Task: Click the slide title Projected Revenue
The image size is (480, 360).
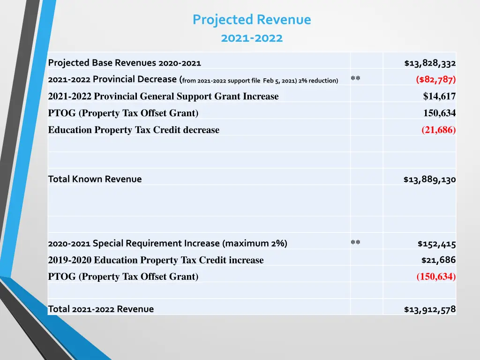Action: pyautogui.click(x=251, y=20)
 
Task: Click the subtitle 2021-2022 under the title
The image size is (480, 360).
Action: pyautogui.click(x=252, y=38)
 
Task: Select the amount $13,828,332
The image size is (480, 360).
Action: pyautogui.click(x=430, y=63)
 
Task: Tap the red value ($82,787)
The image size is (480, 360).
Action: pyautogui.click(x=435, y=79)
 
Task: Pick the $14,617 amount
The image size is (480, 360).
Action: pyautogui.click(x=439, y=97)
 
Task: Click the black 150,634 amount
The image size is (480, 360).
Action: pyautogui.click(x=439, y=113)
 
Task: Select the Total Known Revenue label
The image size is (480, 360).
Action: pyautogui.click(x=95, y=179)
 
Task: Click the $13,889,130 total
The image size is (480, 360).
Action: pyautogui.click(x=429, y=180)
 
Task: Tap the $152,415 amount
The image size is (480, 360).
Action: pyautogui.click(x=436, y=244)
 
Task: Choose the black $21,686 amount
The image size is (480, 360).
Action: pyautogui.click(x=438, y=260)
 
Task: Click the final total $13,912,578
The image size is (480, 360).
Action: pyautogui.click(x=429, y=309)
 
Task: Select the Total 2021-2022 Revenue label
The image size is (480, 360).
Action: pyautogui.click(x=101, y=309)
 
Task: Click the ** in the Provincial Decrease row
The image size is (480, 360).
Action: pyautogui.click(x=355, y=79)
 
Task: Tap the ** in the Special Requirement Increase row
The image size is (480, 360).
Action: pyautogui.click(x=355, y=242)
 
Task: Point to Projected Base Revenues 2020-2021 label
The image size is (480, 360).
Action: pyautogui.click(x=124, y=63)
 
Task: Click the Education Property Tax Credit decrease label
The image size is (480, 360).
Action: pyautogui.click(x=134, y=130)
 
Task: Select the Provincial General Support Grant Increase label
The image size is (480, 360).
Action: pyautogui.click(x=163, y=97)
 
